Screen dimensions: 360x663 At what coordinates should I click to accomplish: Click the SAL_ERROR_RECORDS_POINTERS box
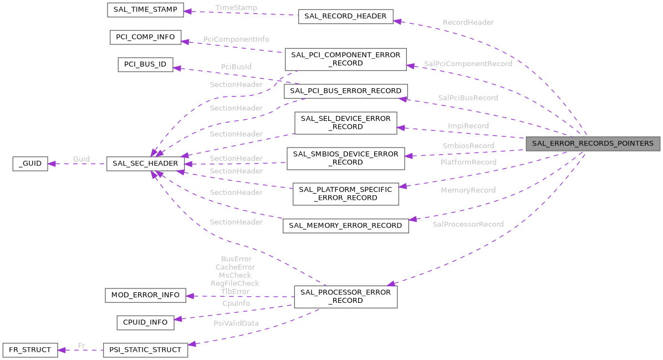(593, 144)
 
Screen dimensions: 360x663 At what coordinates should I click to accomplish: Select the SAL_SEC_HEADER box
(145, 163)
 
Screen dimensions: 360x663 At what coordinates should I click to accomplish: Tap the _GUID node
(30, 163)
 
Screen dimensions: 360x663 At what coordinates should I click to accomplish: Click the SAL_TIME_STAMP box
(145, 11)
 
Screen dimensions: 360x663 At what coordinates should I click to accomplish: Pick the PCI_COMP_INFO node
(145, 37)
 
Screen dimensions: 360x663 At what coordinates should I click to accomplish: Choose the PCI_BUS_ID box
(145, 64)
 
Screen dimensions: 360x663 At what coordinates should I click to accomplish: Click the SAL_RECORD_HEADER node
(346, 16)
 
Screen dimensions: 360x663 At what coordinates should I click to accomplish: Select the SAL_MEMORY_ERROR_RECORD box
(346, 225)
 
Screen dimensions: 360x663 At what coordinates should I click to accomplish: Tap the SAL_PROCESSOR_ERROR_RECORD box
(346, 296)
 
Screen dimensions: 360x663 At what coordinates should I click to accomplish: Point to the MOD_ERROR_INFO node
(145, 295)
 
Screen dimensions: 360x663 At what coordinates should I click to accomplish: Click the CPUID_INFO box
(145, 322)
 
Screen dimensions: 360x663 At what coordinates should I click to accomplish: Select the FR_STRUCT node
(30, 349)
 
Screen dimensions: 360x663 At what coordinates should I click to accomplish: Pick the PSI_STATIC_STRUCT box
(145, 349)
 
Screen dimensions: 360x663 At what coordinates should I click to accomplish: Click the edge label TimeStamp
(236, 8)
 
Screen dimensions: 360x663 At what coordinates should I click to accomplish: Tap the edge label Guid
(81, 159)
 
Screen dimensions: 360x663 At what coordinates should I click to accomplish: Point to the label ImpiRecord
(468, 126)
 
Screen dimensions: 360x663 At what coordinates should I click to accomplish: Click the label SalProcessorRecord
(468, 224)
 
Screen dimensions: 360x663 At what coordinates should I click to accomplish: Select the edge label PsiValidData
(236, 323)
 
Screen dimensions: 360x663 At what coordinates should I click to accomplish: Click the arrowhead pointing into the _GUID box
(52, 163)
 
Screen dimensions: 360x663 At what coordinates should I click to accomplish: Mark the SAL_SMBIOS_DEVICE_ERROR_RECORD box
(346, 158)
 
